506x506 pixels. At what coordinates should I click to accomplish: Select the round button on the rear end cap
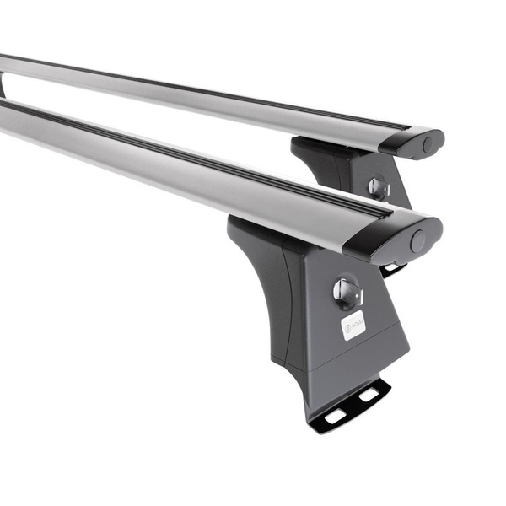429,144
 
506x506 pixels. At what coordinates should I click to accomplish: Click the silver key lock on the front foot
347,292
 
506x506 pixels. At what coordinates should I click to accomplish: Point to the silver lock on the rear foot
378,187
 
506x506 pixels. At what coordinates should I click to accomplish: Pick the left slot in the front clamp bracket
335,415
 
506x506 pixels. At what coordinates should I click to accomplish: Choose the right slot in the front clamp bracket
369,395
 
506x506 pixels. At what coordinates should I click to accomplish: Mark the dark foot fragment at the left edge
3,84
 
